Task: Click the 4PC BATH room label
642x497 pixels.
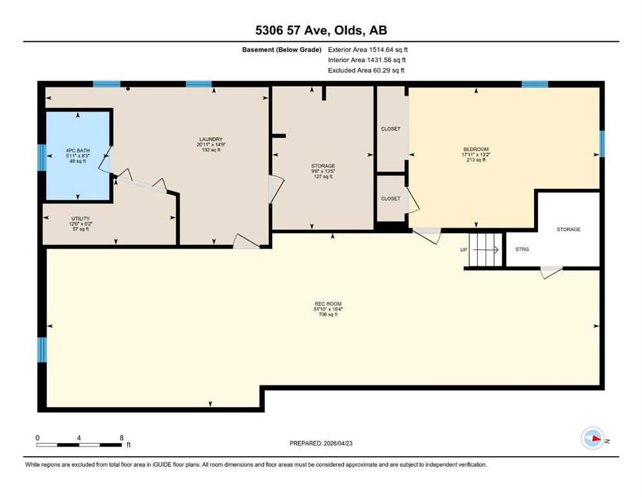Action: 78,150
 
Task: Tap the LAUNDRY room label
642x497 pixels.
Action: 211,139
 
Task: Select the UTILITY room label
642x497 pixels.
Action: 80,219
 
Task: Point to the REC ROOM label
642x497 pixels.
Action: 328,304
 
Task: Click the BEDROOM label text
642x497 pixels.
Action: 476,149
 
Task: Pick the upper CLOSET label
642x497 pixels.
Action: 391,129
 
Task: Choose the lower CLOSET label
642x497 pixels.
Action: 391,199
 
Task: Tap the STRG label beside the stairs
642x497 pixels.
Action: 522,249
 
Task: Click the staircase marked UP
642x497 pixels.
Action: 485,250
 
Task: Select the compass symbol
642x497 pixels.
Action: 593,438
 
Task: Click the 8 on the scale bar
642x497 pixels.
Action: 122,437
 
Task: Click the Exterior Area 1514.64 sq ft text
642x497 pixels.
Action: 368,50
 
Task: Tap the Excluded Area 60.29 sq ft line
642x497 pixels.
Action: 366,71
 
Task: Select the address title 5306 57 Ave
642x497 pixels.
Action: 293,30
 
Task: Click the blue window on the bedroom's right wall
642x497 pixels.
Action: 602,144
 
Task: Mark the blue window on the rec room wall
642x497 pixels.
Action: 42,350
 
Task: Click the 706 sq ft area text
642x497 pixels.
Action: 328,315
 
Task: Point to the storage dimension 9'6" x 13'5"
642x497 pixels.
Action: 323,171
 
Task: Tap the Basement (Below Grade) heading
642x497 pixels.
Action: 282,50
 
